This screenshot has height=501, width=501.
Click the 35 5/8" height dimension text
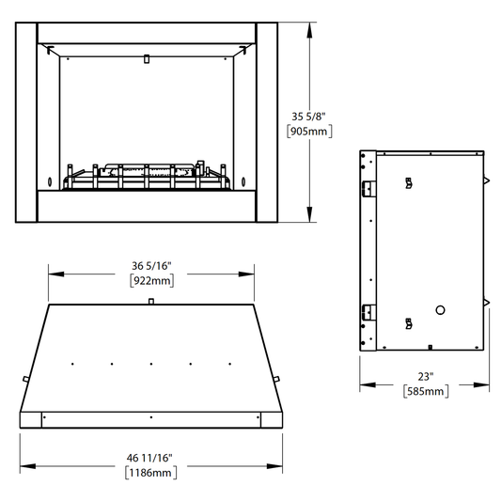coord(308,117)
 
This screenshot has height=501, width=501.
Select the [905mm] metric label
coord(309,132)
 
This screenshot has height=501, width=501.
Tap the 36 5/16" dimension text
coord(151,266)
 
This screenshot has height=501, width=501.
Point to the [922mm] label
coord(152,281)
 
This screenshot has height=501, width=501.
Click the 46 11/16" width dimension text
coord(149,458)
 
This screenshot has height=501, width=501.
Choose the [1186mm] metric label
coord(150,473)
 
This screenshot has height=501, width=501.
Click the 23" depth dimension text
coord(426,377)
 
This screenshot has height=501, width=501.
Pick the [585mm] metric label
coord(426,391)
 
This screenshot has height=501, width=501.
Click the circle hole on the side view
coord(440,310)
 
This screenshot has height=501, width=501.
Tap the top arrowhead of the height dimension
coord(309,31)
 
